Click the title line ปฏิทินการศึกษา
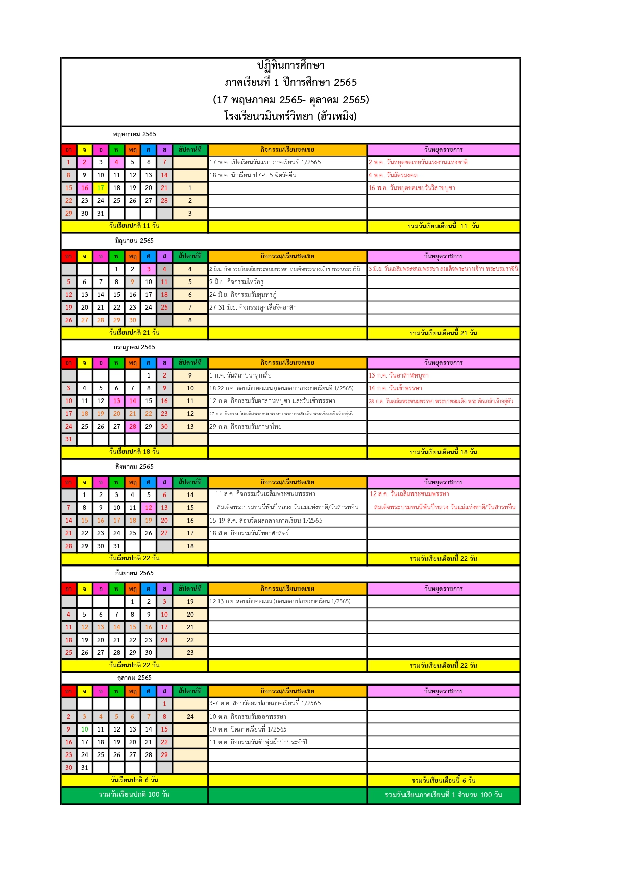tap(290, 65)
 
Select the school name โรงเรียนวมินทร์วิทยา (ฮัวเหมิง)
tap(290, 116)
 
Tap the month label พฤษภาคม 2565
tap(134, 134)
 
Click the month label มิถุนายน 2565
tap(134, 241)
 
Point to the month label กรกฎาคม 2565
tap(134, 347)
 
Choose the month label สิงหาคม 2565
tap(134, 467)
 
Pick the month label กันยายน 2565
tap(134, 573)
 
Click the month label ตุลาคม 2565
tap(134, 678)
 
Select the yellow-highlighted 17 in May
tap(101, 188)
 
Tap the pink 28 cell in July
tap(133, 427)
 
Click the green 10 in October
tap(85, 729)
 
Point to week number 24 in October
tap(190, 717)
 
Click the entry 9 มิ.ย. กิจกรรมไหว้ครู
tap(236, 282)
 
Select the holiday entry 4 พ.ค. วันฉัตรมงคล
tap(393, 175)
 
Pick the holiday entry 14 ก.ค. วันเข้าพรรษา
tap(395, 388)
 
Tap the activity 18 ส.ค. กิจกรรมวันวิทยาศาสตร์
tap(249, 533)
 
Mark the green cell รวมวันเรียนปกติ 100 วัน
tap(134, 795)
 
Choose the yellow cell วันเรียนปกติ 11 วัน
tap(134, 226)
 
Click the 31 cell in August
tap(117, 546)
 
